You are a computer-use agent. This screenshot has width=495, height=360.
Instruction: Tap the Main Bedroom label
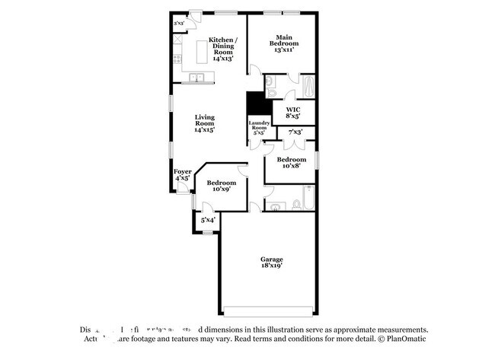point(284,43)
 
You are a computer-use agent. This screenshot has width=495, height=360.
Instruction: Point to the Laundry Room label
point(258,128)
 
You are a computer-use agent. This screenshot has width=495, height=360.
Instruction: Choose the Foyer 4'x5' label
point(182,175)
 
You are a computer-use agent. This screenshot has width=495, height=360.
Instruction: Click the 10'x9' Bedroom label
point(222,186)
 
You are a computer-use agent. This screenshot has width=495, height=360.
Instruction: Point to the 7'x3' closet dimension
point(295,132)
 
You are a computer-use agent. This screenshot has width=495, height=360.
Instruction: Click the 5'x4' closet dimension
point(207,220)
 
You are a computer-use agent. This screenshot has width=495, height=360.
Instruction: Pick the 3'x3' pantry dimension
point(179,24)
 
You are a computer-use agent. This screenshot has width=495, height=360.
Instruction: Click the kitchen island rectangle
point(203,53)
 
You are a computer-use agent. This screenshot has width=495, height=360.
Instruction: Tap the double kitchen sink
point(196,77)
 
